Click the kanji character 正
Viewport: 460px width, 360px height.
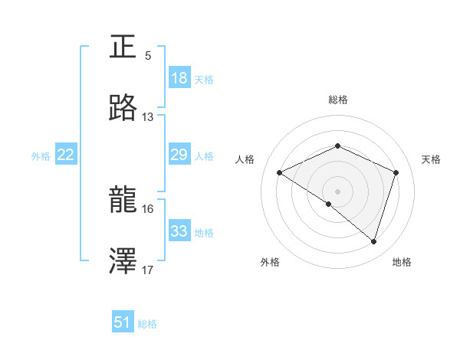(123, 47)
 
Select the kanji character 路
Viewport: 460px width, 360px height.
(123, 109)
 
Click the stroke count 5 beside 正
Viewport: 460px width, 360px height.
(148, 55)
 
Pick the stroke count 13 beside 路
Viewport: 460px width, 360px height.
(148, 116)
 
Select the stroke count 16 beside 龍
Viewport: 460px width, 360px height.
(148, 208)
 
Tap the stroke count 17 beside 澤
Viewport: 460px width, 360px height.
(148, 270)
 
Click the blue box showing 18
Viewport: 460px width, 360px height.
(179, 78)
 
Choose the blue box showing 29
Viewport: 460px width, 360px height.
(179, 155)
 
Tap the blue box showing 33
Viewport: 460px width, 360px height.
(179, 231)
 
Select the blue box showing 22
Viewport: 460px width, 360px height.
(66, 155)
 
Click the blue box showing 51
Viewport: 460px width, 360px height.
(123, 322)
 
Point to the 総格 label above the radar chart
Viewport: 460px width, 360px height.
(338, 100)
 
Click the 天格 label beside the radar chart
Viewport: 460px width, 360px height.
(432, 159)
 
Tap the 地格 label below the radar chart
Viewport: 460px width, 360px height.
(402, 262)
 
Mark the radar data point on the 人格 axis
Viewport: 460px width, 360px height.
(280, 173)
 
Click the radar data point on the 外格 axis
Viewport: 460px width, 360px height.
(329, 204)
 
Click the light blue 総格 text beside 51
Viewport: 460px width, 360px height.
(147, 324)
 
